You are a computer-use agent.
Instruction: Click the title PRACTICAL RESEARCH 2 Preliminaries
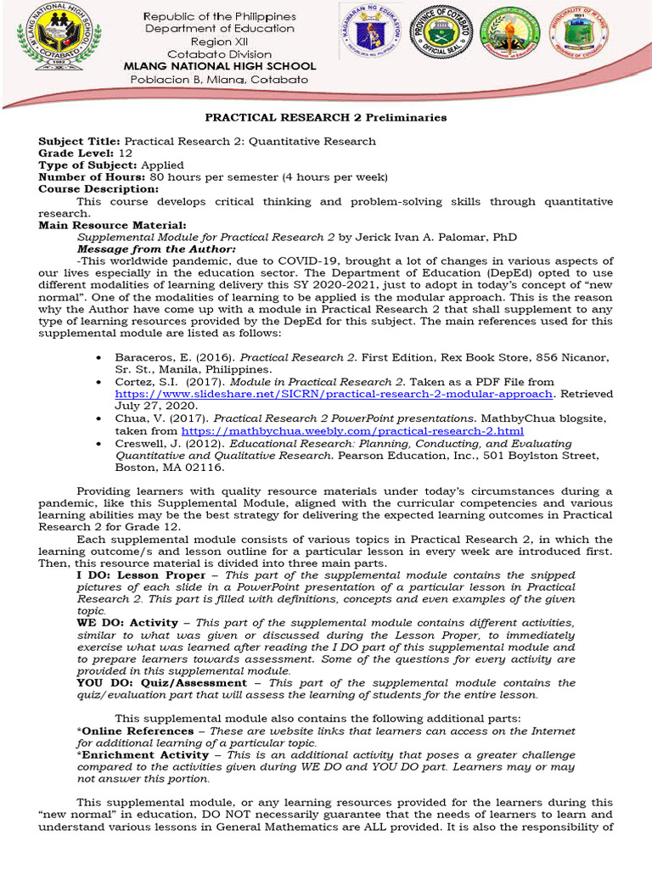click(326, 117)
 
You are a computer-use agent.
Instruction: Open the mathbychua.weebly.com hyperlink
click(352, 431)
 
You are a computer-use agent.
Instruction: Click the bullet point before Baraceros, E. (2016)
click(100, 358)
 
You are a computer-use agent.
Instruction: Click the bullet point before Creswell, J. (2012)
click(100, 443)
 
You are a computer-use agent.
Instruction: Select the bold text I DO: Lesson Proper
click(141, 575)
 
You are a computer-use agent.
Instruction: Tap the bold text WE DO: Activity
click(127, 623)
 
